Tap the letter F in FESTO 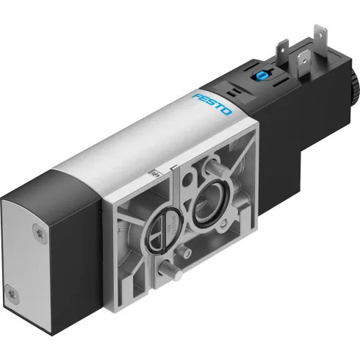point(198,96)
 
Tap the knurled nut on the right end point(354,95)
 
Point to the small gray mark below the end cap point(51,340)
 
